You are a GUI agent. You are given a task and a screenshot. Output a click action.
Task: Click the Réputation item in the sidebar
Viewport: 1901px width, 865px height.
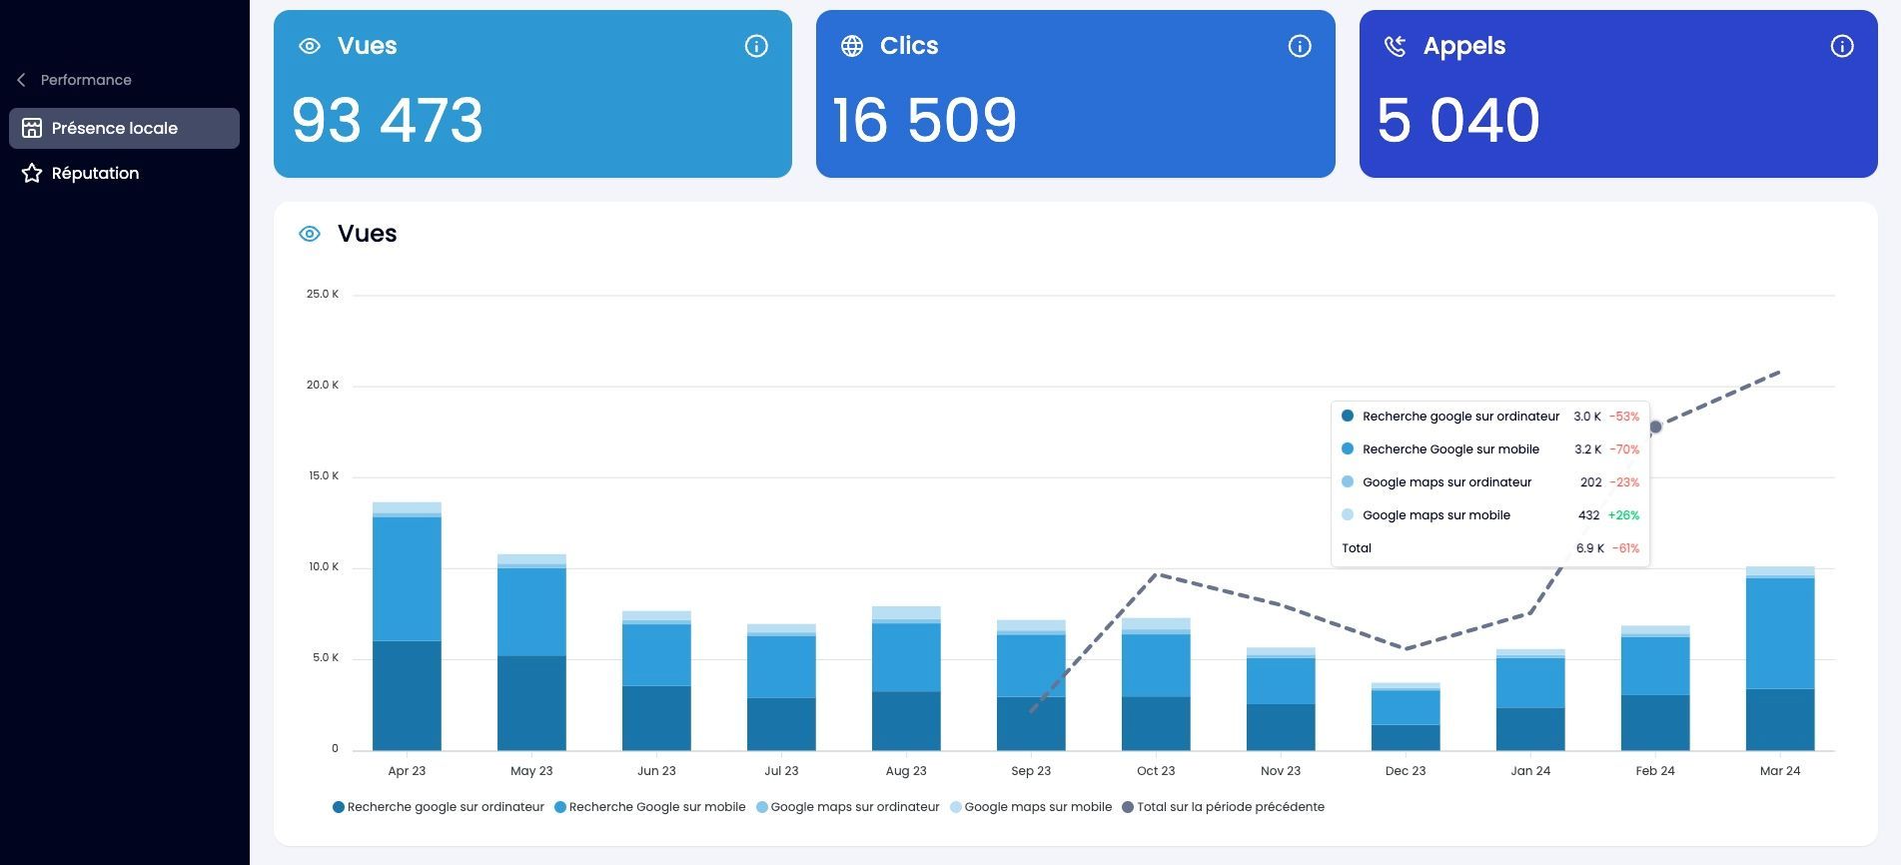tap(80, 173)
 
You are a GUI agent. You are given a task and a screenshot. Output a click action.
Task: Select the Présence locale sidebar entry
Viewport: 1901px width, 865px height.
tap(124, 128)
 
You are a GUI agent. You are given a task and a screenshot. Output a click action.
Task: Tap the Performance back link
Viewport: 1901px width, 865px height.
tap(74, 80)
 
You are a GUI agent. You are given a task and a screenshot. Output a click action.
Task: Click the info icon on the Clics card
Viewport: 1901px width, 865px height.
tap(1299, 46)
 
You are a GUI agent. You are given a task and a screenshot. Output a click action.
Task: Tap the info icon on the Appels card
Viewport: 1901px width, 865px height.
tap(1841, 46)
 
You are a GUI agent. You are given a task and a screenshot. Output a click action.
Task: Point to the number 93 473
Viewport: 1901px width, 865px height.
tap(388, 120)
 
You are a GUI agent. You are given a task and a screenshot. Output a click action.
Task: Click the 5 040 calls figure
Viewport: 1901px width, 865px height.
tap(1458, 120)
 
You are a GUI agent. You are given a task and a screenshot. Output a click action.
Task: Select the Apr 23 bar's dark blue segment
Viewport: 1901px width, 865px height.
tap(407, 695)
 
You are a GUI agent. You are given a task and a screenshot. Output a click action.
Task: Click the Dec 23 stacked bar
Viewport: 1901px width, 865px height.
tap(1406, 716)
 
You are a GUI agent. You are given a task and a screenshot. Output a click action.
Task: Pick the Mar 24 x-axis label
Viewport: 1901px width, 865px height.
tap(1780, 771)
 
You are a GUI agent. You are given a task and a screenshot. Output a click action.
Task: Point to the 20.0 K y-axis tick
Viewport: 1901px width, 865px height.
tap(323, 385)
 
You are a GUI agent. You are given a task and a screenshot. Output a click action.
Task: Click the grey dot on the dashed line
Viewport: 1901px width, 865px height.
tap(1655, 428)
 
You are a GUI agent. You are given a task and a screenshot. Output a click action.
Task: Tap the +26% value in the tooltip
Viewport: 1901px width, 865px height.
tap(1623, 515)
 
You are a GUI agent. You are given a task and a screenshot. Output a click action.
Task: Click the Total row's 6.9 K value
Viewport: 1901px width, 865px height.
tap(1590, 548)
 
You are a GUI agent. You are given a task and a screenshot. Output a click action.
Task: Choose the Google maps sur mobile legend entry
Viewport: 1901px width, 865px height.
tap(1031, 807)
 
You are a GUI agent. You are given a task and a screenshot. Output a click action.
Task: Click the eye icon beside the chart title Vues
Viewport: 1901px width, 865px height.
tap(310, 234)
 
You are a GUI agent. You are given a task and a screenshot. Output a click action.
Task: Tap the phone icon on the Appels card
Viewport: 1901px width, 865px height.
tap(1395, 46)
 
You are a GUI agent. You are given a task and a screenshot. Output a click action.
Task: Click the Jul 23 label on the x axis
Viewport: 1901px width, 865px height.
tap(781, 771)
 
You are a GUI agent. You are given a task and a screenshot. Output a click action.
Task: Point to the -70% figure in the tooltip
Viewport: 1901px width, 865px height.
tap(1624, 449)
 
